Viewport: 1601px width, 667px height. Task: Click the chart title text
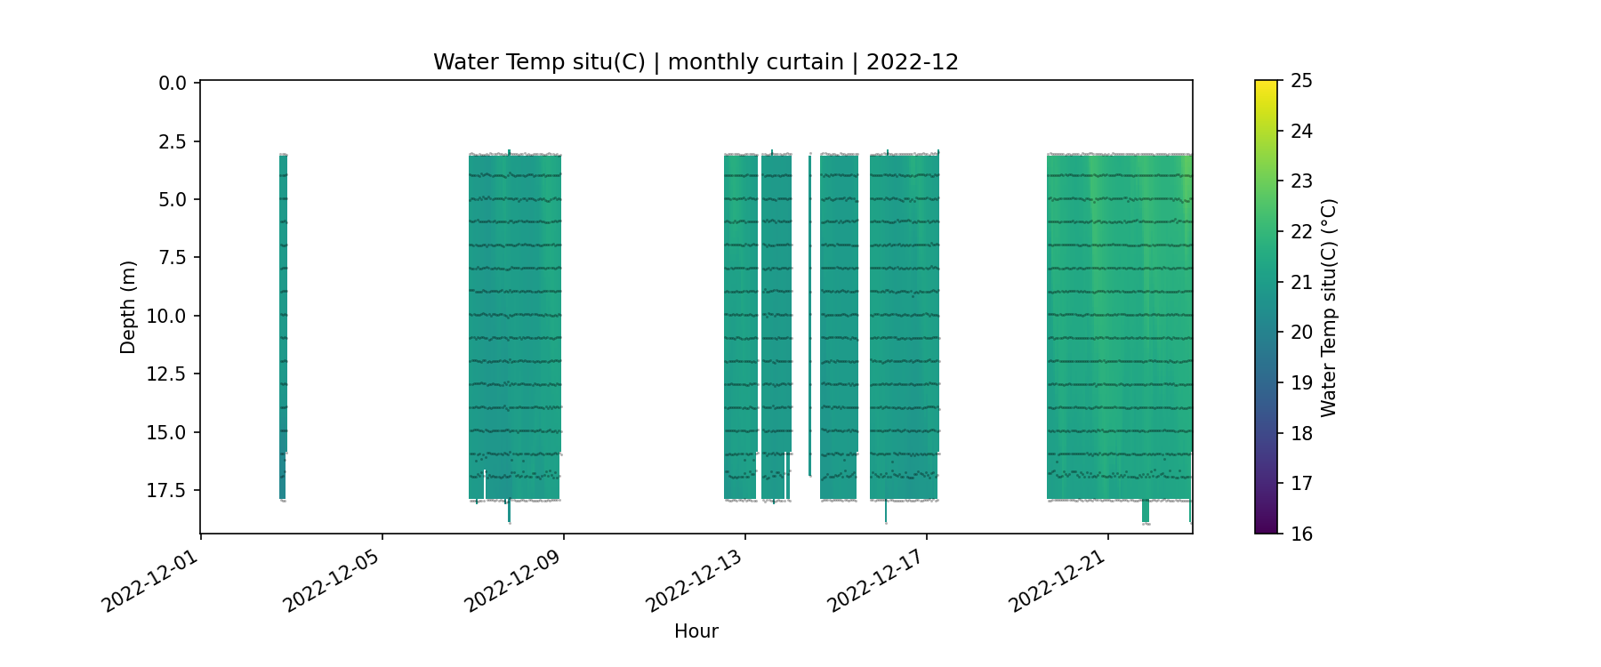696,62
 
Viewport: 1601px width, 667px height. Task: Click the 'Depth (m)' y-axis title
128,307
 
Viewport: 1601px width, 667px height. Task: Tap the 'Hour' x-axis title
696,631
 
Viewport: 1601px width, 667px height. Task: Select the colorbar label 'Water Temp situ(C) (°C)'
1329,307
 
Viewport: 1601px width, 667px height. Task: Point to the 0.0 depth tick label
173,84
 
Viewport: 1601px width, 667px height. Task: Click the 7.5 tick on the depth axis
173,258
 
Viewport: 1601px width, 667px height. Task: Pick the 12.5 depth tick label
167,374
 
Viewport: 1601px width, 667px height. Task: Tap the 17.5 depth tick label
167,490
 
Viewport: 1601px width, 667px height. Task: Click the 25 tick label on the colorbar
1301,81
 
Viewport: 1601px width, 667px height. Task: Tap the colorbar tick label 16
1301,534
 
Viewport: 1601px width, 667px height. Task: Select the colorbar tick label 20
1301,333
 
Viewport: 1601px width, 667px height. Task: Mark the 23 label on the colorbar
1301,181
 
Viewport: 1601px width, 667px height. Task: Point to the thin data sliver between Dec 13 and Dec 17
809,311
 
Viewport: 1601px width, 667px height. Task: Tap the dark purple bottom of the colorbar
1266,527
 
